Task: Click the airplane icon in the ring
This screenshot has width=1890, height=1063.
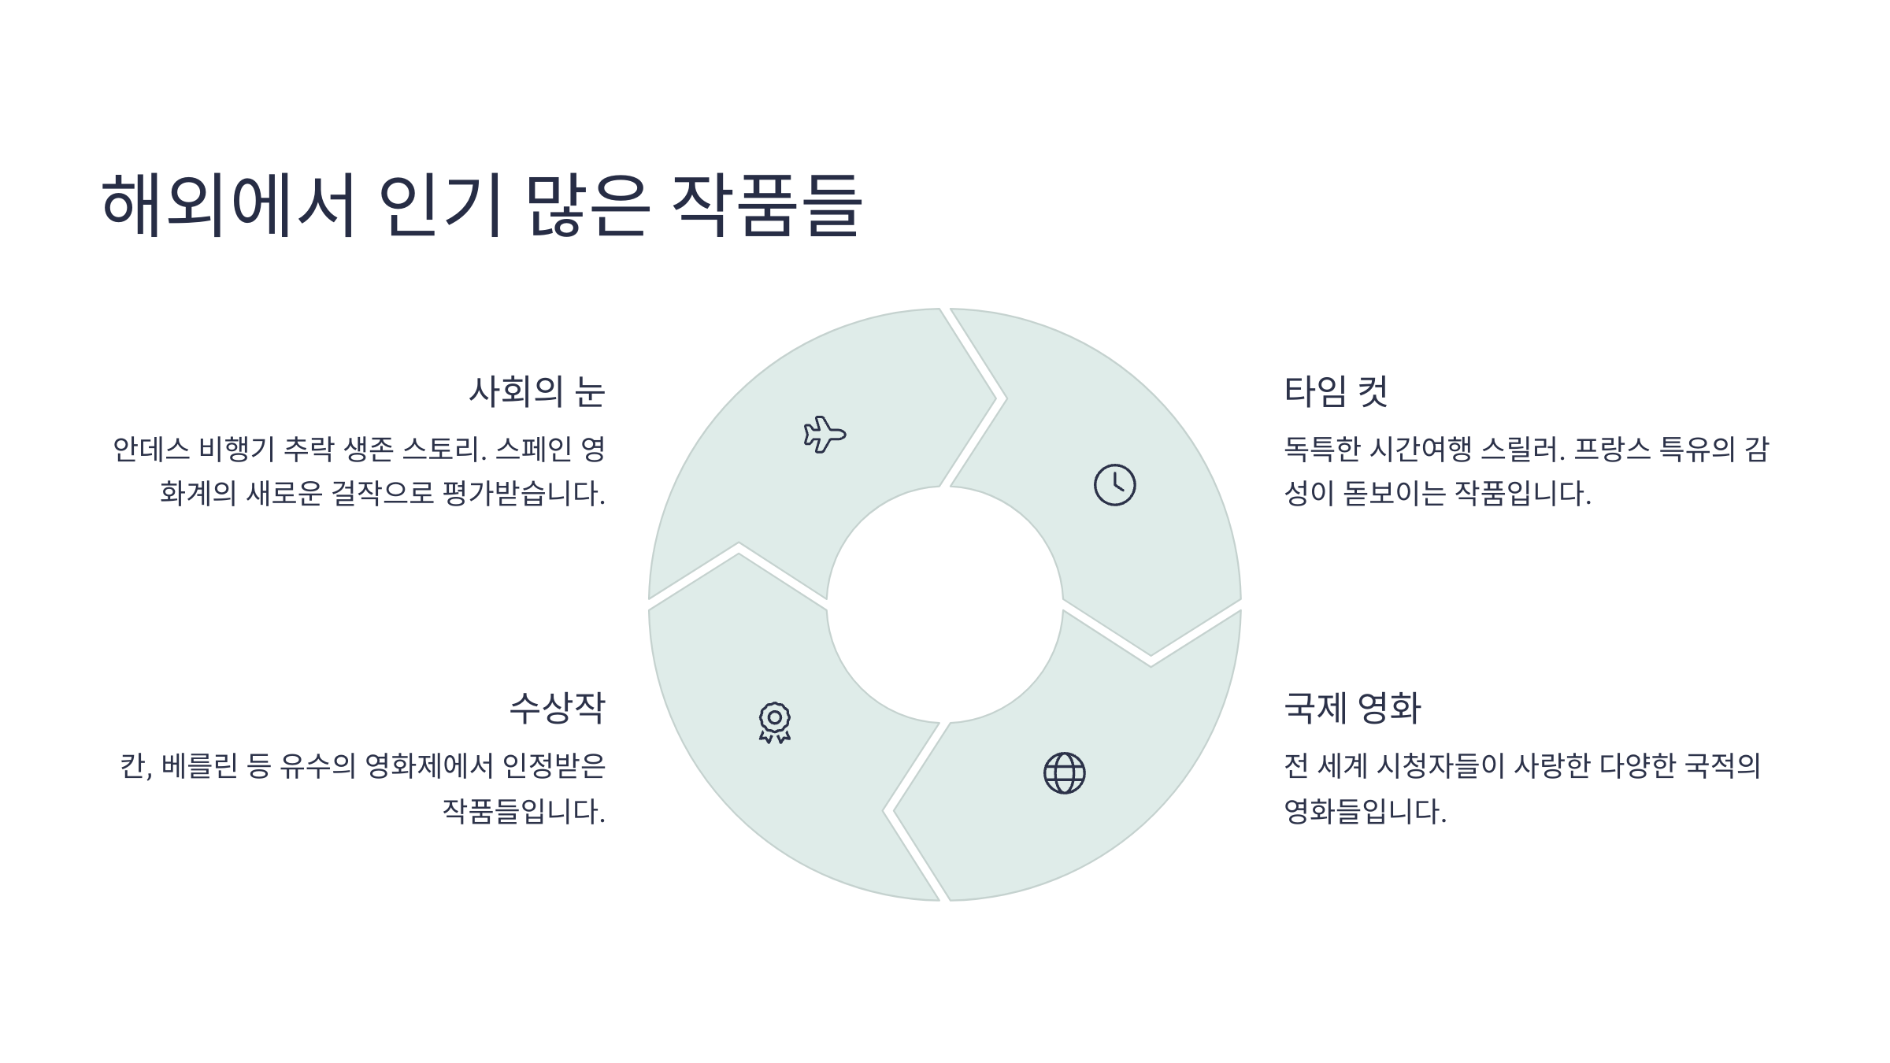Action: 824,434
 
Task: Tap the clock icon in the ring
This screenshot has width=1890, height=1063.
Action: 1114,485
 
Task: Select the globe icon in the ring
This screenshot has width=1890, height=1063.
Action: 1064,773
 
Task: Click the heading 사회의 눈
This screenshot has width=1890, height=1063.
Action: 536,391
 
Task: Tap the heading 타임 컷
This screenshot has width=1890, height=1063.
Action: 1336,391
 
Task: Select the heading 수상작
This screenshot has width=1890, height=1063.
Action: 557,707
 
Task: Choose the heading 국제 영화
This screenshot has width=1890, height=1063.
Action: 1352,707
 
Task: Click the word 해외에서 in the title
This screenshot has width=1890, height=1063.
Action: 228,205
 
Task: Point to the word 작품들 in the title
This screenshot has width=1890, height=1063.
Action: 767,205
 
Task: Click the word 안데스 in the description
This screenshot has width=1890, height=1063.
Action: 150,450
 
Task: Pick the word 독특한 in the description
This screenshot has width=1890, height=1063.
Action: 1322,450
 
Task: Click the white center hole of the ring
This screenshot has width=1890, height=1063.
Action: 944,605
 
